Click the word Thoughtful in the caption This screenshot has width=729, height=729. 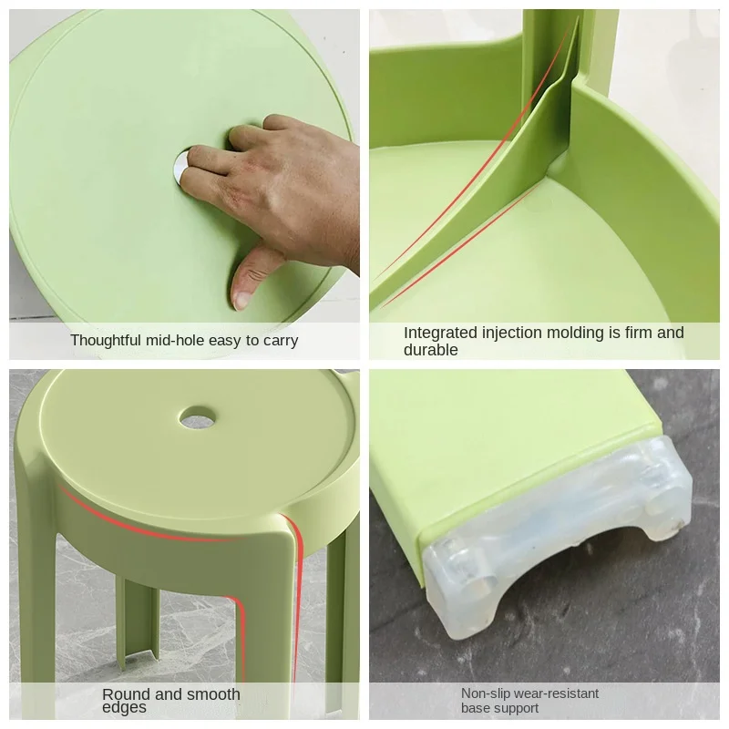click(x=105, y=340)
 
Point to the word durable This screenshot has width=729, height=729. click(x=430, y=350)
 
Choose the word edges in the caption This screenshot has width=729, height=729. click(x=124, y=708)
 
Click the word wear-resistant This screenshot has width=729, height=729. click(x=555, y=693)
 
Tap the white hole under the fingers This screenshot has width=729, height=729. click(x=179, y=166)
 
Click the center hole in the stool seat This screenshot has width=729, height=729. click(x=198, y=418)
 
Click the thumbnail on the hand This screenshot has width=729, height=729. click(x=241, y=301)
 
